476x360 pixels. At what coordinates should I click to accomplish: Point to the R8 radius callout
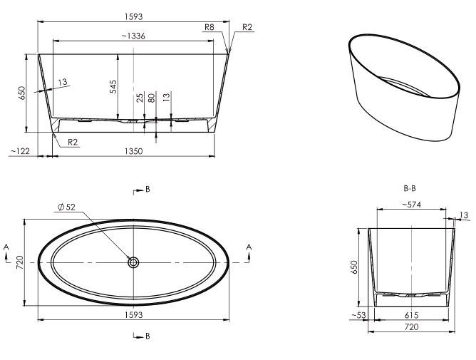(x=209, y=26)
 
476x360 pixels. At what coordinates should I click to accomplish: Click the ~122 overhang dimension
(x=20, y=151)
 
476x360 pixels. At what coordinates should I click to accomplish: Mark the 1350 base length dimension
(x=134, y=151)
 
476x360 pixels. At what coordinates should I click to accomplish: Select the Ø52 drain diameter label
(x=66, y=207)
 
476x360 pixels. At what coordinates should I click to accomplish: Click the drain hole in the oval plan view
(x=133, y=262)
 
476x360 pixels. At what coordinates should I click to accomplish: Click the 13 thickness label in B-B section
(x=465, y=215)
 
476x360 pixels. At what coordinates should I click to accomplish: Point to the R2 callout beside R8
(x=247, y=26)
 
